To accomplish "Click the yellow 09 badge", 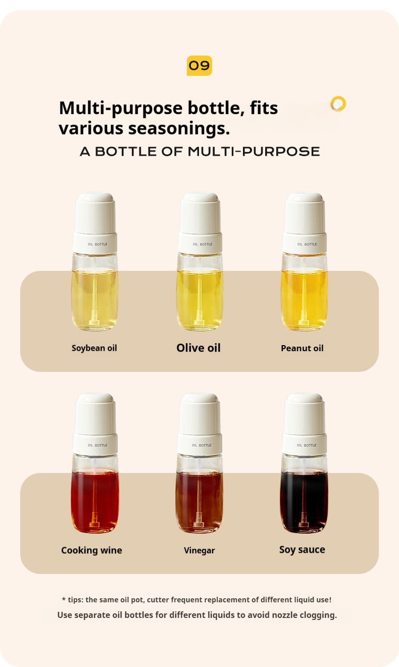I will (x=199, y=66).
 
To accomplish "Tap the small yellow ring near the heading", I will (x=338, y=104).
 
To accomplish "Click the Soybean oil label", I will (x=94, y=348).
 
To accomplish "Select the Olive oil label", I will (x=198, y=348).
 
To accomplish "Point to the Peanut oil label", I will (x=302, y=348).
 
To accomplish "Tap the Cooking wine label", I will (x=91, y=550).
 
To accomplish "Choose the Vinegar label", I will (x=199, y=550).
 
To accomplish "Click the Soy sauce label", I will (x=302, y=550).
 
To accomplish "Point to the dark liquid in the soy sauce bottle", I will (x=304, y=500).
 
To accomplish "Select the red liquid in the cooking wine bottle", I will (x=95, y=500).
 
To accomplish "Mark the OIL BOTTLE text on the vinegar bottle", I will (x=202, y=445).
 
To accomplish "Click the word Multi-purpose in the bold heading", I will (x=121, y=108).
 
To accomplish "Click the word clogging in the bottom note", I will (x=318, y=615).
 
